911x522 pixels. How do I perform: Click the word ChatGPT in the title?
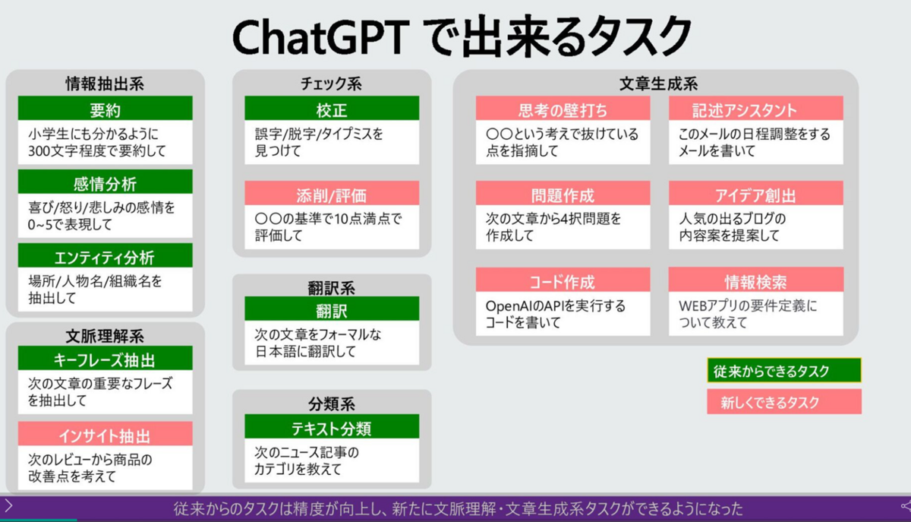click(321, 37)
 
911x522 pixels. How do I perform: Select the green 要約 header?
click(105, 109)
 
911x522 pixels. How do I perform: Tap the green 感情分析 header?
click(105, 182)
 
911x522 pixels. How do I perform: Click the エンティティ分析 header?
click(105, 256)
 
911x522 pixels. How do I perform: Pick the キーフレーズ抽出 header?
click(105, 359)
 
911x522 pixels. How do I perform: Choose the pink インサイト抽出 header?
click(105, 434)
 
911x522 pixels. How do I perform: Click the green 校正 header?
click(332, 109)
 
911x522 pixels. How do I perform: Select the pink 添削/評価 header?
click(332, 194)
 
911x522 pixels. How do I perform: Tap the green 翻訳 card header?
click(332, 308)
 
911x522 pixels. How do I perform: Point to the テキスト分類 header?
click(332, 427)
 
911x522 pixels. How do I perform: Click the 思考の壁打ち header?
click(563, 109)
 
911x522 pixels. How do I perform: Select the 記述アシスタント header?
click(756, 109)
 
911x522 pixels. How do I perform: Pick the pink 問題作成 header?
click(563, 194)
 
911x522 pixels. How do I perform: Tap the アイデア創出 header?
click(756, 194)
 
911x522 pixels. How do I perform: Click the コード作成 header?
click(563, 280)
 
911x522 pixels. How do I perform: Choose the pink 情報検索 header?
click(756, 280)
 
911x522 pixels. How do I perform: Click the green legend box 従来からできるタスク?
click(784, 370)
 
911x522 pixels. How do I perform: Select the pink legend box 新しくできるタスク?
click(784, 401)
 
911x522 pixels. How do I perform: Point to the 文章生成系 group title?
click(658, 84)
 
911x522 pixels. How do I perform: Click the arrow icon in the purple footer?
click(8, 506)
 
